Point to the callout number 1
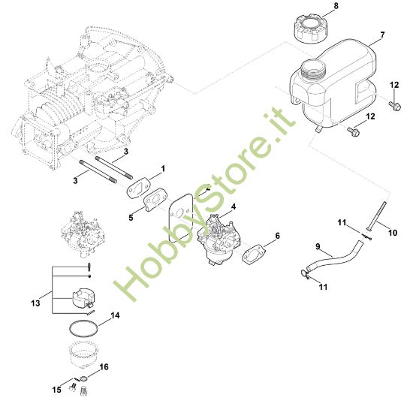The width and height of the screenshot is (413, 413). point(162,168)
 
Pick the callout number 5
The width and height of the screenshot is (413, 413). point(131,218)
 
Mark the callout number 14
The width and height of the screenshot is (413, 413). point(115,317)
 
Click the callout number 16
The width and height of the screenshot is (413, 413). point(104,367)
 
